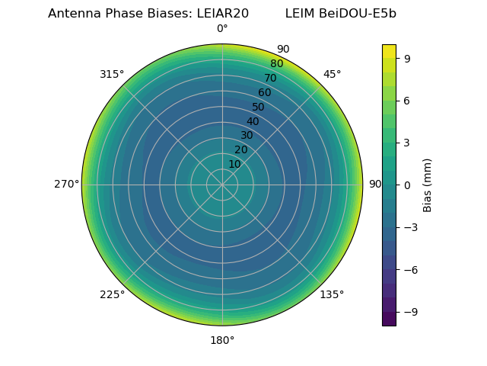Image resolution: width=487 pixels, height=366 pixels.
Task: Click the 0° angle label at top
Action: [x=222, y=29]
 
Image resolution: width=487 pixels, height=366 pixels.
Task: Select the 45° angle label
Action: [x=332, y=74]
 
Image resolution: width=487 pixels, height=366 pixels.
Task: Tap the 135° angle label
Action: [x=332, y=294]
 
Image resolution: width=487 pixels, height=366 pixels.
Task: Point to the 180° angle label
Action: [x=222, y=340]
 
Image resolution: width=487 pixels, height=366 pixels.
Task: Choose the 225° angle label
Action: [x=112, y=294]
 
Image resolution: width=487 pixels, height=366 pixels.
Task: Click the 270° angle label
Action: [x=66, y=184]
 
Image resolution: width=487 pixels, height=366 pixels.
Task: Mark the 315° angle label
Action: [x=112, y=74]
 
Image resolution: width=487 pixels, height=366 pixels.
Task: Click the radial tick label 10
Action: [x=234, y=164]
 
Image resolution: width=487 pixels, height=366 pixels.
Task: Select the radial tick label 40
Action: [x=253, y=121]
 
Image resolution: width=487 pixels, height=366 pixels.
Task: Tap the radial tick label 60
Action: [x=265, y=93]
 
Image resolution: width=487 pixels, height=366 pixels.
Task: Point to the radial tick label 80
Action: [x=276, y=64]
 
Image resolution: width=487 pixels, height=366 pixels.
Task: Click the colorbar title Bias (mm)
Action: [x=428, y=185]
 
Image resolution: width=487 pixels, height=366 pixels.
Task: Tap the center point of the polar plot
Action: [x=222, y=185]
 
